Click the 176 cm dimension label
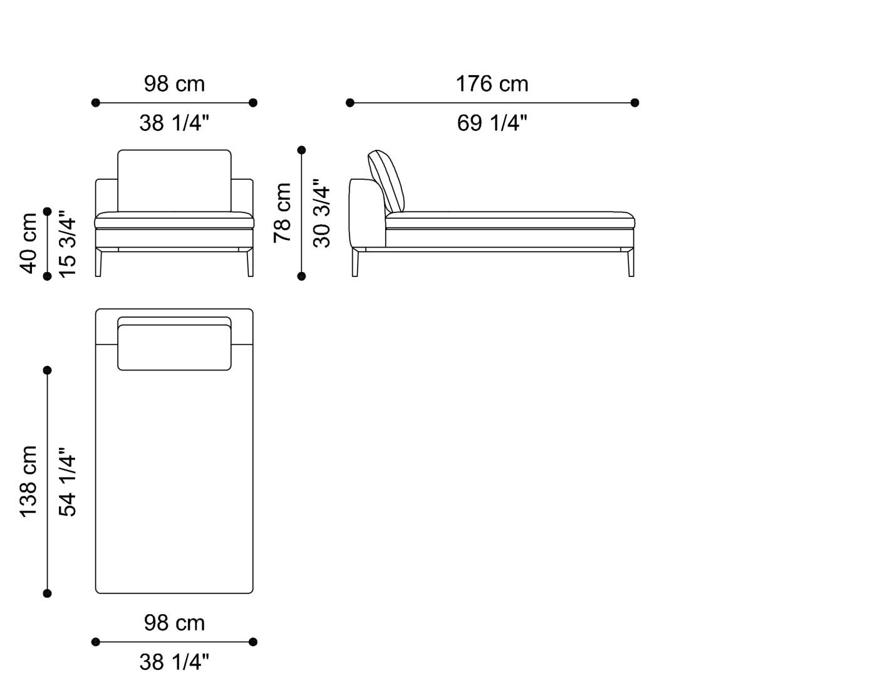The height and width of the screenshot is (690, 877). [492, 84]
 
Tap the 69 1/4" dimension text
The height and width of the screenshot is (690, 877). [492, 123]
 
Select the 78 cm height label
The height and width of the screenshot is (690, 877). [283, 213]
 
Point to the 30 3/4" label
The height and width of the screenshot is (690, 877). [321, 213]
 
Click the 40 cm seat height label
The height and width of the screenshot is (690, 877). [29, 243]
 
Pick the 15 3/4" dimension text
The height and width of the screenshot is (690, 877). [68, 244]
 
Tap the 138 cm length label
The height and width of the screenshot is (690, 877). [29, 481]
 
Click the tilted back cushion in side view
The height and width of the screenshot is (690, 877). [386, 182]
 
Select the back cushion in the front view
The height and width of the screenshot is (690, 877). [174, 180]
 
